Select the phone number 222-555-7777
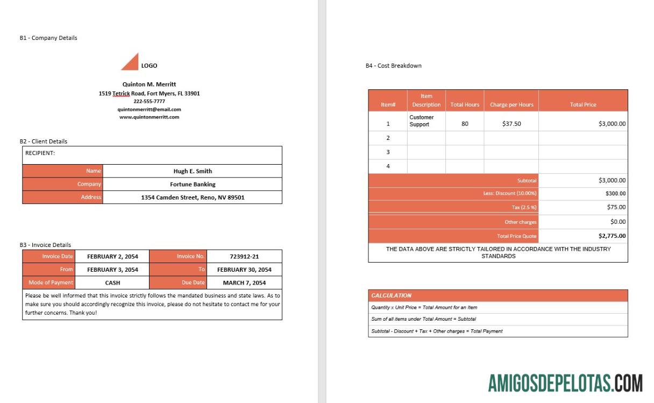[149, 101]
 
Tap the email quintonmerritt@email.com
[149, 109]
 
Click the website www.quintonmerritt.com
[149, 117]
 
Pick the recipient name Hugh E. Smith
[193, 171]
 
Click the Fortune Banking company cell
[193, 184]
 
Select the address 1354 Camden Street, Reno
[193, 197]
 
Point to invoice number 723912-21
[244, 257]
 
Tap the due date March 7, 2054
[244, 282]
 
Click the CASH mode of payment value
[112, 282]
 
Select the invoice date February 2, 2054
[112, 257]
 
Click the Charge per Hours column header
[511, 104]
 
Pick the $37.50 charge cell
[511, 124]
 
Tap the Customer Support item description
[422, 121]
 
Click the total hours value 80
[465, 124]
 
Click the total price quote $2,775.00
[612, 236]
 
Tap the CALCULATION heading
[392, 295]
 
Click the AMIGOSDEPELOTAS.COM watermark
[565, 384]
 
